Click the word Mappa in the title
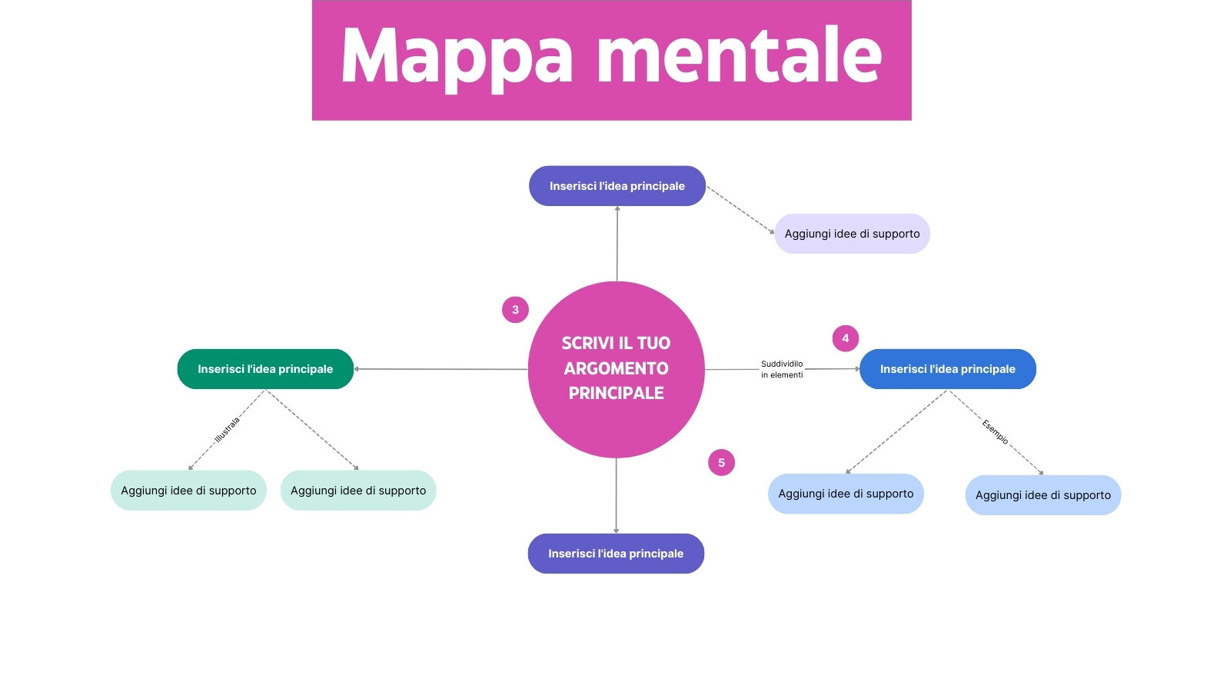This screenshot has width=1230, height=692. tap(457, 58)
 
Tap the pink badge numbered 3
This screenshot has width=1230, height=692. tap(515, 310)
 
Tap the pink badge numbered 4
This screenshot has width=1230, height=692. tap(845, 338)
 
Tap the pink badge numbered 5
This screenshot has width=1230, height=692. tap(721, 463)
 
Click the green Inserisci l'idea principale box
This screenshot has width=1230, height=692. tap(265, 369)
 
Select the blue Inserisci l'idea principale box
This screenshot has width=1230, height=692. tap(947, 369)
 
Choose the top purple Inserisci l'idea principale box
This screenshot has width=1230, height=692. tap(617, 186)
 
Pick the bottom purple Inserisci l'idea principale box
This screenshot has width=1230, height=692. tap(616, 554)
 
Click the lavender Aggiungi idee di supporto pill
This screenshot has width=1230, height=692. tap(852, 234)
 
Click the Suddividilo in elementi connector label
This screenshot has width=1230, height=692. tap(782, 369)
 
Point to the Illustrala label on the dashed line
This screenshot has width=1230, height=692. tap(227, 429)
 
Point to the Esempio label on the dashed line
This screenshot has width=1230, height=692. tap(995, 431)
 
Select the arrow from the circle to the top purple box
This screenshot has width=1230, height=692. tap(617, 245)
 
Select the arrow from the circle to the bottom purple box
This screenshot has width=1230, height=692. tap(616, 496)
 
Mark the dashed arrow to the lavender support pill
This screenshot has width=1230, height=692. tap(740, 209)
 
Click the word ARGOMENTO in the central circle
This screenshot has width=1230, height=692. tap(616, 368)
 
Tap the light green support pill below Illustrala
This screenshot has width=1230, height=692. tap(188, 491)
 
